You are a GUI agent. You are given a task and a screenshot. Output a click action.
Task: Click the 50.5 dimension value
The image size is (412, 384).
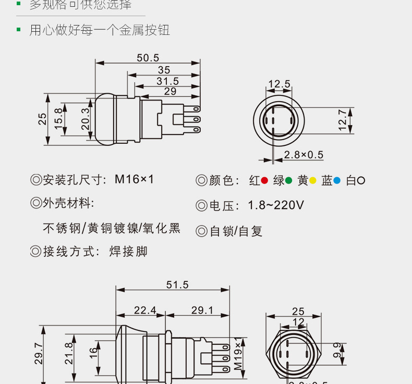point(148,58)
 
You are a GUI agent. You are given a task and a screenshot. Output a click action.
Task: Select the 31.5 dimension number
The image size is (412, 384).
point(167,81)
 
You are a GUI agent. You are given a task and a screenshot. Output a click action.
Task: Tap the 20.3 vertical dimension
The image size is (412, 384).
point(86,118)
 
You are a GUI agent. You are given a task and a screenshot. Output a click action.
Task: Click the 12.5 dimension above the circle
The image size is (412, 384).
point(279,84)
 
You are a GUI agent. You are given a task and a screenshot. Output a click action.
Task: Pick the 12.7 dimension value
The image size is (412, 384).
point(342,120)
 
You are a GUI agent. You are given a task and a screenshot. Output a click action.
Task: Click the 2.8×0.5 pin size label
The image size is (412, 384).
point(304,155)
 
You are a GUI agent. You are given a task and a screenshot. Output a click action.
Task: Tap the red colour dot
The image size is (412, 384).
point(264,181)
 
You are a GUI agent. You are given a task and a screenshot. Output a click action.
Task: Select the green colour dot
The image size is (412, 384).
point(288,181)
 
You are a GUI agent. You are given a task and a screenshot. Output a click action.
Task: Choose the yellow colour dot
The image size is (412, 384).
point(313,181)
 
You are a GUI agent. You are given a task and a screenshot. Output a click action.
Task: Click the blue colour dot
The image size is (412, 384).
point(337,181)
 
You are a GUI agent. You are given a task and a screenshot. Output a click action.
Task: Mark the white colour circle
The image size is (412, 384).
point(361,181)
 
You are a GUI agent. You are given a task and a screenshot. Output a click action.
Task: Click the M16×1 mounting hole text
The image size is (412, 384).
point(135,179)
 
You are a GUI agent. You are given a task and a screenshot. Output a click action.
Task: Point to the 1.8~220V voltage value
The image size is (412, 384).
point(276,205)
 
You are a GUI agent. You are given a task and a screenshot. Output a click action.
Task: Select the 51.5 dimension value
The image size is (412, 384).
point(177,284)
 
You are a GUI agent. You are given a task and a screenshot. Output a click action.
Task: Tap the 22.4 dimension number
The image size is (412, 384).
point(145,311)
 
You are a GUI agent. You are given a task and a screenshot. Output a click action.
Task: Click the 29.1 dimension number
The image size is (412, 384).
point(202,311)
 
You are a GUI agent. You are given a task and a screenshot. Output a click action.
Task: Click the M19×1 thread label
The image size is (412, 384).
point(238,354)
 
